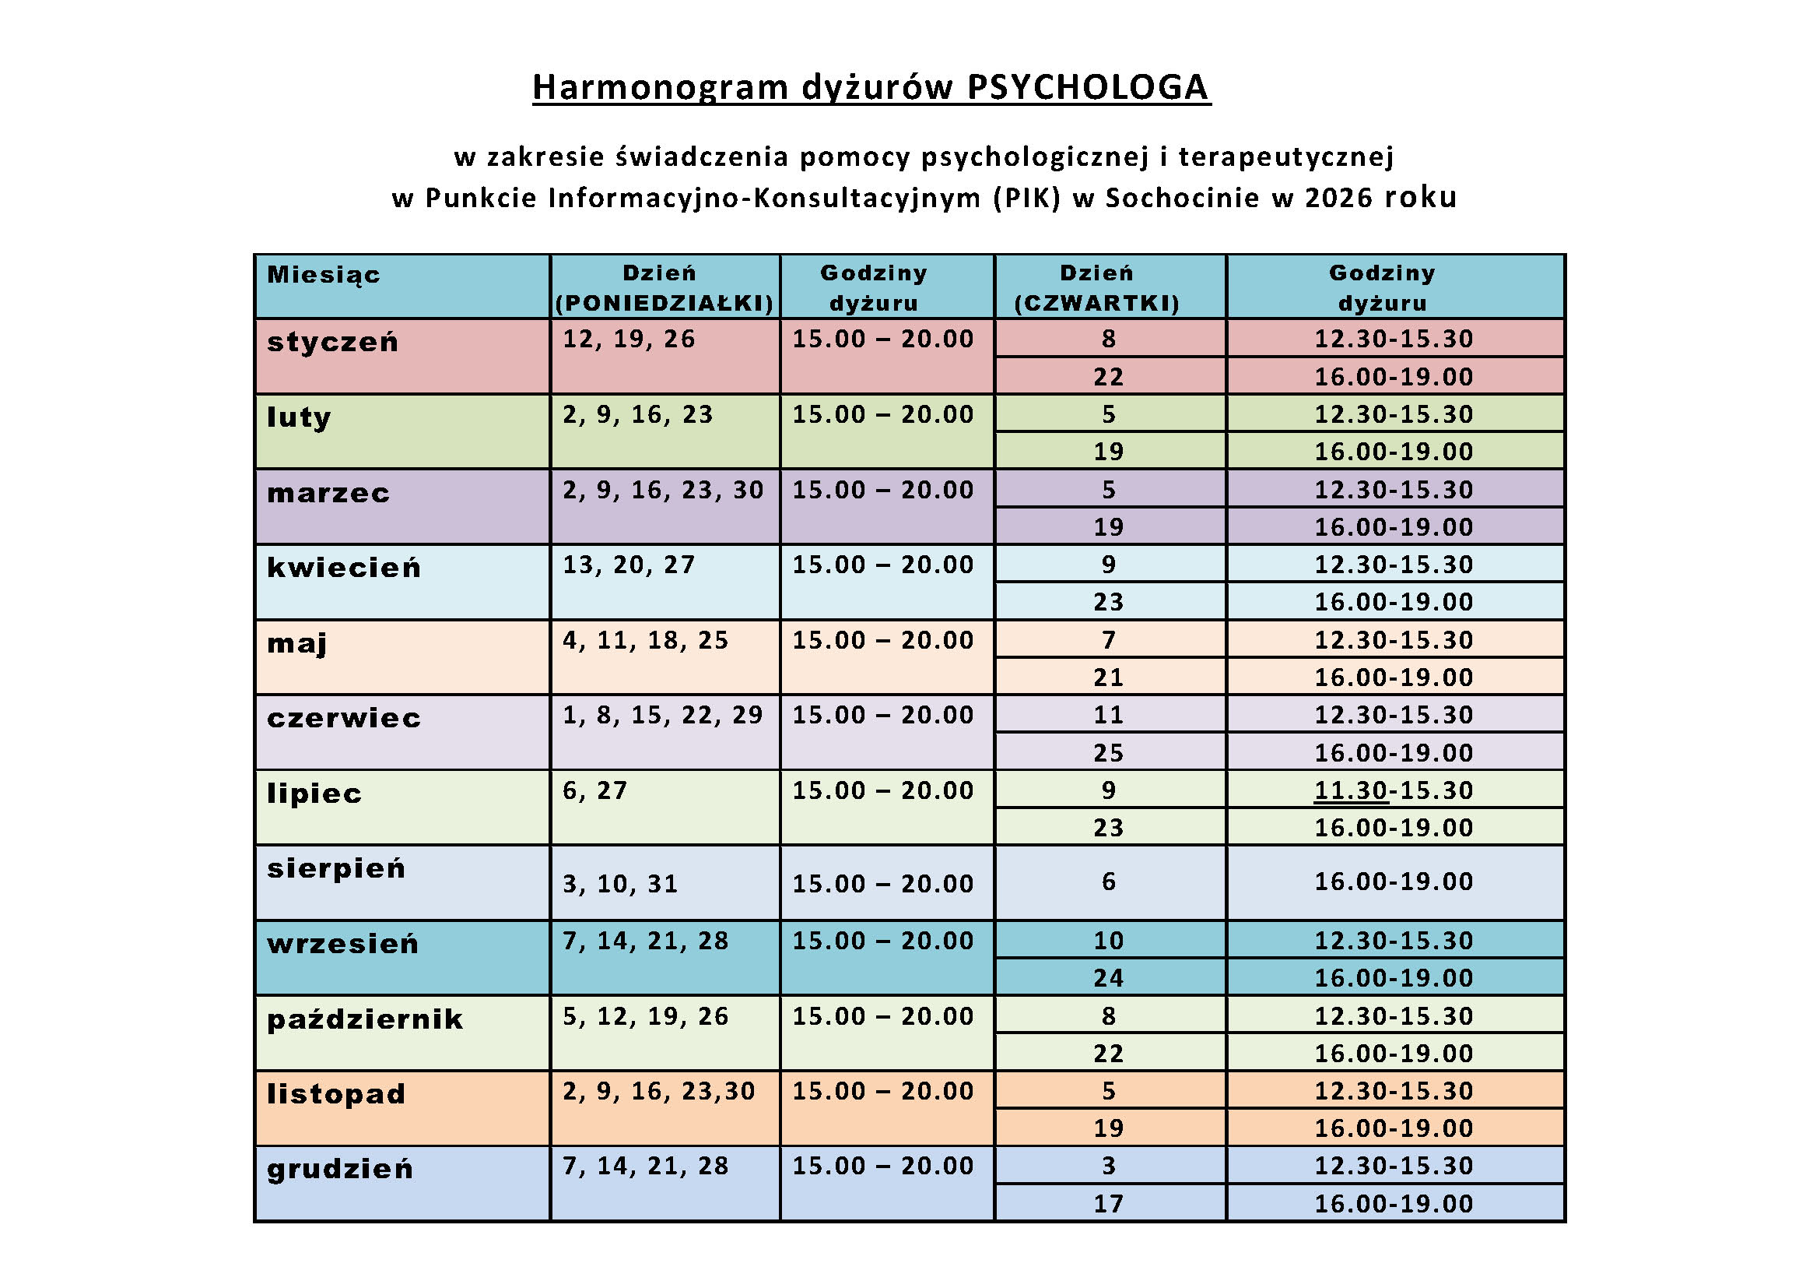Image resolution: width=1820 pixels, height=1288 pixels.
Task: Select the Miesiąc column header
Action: (324, 274)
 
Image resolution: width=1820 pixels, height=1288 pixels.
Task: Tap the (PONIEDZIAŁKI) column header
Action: (665, 303)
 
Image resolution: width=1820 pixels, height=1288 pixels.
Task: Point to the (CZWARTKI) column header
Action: (1097, 303)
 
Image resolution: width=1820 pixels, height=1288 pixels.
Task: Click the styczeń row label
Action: (332, 342)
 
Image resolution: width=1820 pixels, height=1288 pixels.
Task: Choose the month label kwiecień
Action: (343, 568)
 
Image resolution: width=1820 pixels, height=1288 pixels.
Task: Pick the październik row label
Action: (365, 1019)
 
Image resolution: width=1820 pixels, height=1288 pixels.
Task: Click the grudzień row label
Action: (340, 1169)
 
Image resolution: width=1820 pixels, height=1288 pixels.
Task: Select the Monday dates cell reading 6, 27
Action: (594, 790)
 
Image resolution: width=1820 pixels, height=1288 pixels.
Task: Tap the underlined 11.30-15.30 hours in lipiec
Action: (1393, 790)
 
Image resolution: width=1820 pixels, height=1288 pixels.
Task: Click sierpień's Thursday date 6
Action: (1108, 882)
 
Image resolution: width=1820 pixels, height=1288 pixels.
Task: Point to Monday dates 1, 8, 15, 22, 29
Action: (662, 716)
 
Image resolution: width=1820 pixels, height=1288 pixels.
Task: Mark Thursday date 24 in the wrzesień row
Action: (1108, 978)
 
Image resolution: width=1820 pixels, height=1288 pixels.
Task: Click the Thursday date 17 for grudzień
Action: (1108, 1204)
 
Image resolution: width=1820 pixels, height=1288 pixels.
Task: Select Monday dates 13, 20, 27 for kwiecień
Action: (629, 565)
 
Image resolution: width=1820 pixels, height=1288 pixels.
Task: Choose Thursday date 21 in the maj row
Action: (1108, 677)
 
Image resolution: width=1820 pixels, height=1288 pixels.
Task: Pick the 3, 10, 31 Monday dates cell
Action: (620, 884)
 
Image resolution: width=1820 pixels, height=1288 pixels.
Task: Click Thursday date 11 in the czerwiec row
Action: (1108, 716)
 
